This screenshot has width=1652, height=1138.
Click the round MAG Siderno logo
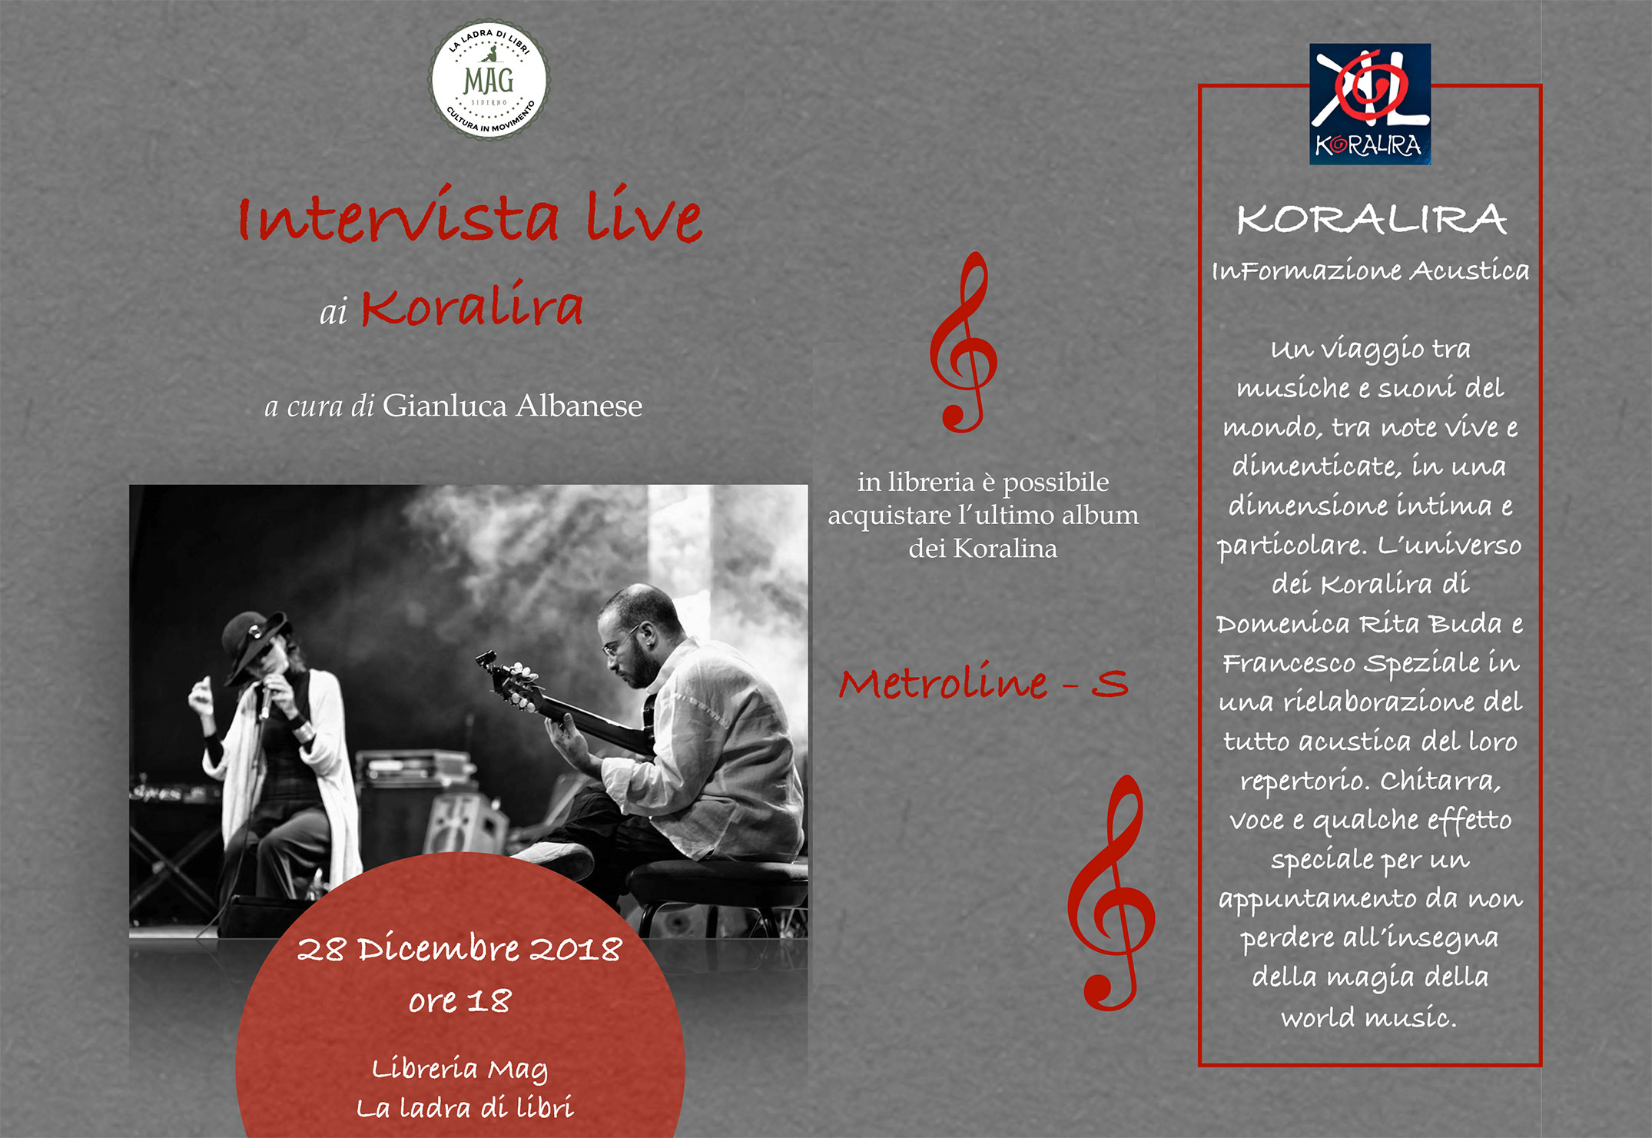[489, 79]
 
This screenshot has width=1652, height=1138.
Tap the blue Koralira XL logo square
[1370, 104]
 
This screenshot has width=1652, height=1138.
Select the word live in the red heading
[644, 214]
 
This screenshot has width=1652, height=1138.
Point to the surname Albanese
[578, 405]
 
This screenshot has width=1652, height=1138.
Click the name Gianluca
[445, 405]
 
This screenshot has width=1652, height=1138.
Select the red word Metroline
[943, 682]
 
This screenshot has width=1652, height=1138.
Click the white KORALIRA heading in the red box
[1371, 219]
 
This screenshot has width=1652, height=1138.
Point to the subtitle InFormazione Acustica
[1370, 270]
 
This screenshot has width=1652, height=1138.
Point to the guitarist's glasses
[620, 642]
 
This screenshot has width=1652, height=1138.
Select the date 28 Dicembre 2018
[459, 949]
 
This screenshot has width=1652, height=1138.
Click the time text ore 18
[459, 1000]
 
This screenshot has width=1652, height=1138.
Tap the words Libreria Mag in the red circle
[459, 1069]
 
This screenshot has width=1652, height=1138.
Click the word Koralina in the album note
[1005, 548]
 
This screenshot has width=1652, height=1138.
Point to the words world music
[1368, 1017]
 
